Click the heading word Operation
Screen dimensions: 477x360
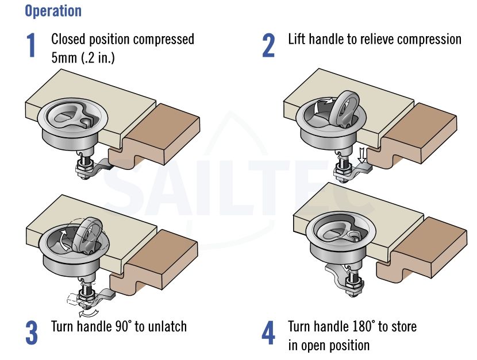tap(53, 11)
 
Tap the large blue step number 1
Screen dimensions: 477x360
tap(30, 45)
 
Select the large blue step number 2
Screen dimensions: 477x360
tap(268, 45)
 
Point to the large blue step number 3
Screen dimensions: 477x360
tap(32, 332)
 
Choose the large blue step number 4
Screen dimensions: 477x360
tap(268, 332)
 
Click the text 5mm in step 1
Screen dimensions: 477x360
tap(64, 57)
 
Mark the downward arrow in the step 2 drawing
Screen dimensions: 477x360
tap(361, 155)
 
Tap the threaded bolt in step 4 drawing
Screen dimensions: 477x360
tap(353, 281)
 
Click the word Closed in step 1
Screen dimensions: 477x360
tap(68, 39)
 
